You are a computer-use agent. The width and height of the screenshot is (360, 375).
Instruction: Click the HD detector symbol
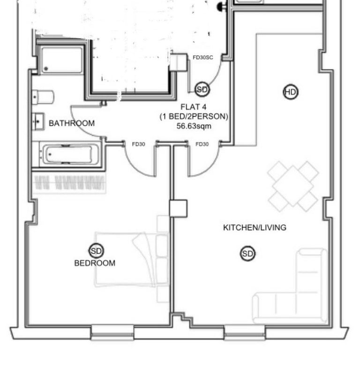pos(291,92)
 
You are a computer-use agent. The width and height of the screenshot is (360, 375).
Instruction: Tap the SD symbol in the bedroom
pos(97,251)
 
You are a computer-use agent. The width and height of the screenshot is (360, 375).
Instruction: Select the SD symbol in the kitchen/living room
pos(247,254)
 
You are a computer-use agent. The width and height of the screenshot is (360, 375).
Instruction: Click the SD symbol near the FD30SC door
pos(202,90)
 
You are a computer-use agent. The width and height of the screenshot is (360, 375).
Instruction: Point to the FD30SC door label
pos(203,57)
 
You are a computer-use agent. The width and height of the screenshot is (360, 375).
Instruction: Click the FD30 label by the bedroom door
pos(138,144)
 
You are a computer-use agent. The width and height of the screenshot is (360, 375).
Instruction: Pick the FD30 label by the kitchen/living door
pos(202,144)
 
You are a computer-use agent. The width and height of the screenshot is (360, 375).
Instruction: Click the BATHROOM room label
pos(72,123)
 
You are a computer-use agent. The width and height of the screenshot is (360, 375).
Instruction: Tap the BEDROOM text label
pos(95,263)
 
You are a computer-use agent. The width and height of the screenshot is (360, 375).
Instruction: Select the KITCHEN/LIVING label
pos(255,227)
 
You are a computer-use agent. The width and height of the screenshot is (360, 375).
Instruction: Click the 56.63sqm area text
pos(194,126)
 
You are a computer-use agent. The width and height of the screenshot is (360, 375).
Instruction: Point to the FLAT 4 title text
pos(194,107)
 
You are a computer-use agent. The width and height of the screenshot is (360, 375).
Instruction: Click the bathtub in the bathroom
pos(68,154)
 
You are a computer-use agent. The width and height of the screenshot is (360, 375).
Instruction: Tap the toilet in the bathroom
pos(43,97)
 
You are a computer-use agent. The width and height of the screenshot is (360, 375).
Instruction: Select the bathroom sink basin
pos(38,122)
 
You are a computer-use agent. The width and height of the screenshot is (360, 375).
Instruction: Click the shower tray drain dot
pos(46,68)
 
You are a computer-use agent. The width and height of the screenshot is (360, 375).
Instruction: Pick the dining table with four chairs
pos(293,186)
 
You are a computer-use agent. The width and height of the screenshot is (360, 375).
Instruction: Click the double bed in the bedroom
pos(132,259)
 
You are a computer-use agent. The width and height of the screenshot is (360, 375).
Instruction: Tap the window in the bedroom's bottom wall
pos(112,332)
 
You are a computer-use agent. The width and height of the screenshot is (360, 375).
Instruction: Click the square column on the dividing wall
pos(178,209)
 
